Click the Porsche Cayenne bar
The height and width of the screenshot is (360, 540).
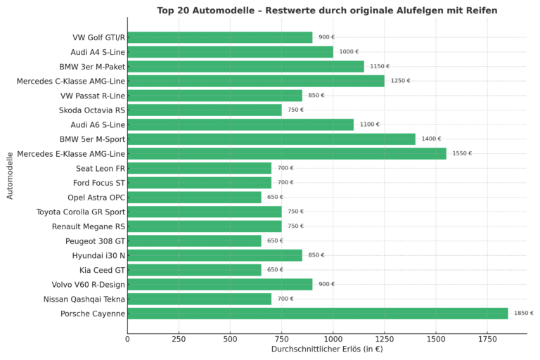click(317, 314)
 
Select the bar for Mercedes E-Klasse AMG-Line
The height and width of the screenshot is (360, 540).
click(287, 153)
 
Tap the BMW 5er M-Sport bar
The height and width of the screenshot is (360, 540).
click(271, 139)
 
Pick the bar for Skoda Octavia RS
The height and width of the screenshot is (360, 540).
click(205, 110)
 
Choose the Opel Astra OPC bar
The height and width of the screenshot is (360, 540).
click(194, 198)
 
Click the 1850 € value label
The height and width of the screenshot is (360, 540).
click(523, 314)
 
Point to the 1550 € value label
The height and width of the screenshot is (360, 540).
click(462, 153)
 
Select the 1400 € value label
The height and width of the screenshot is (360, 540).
click(431, 139)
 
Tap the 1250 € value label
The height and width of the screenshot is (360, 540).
click(400, 81)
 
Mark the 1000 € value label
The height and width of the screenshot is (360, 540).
click(349, 52)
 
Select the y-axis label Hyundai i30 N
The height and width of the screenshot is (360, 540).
click(94, 255)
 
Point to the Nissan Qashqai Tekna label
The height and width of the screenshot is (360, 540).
click(83, 299)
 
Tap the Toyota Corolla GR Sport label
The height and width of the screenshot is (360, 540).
click(80, 212)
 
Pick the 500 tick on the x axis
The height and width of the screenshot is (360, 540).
click(230, 339)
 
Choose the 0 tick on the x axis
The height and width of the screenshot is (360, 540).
click(127, 339)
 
